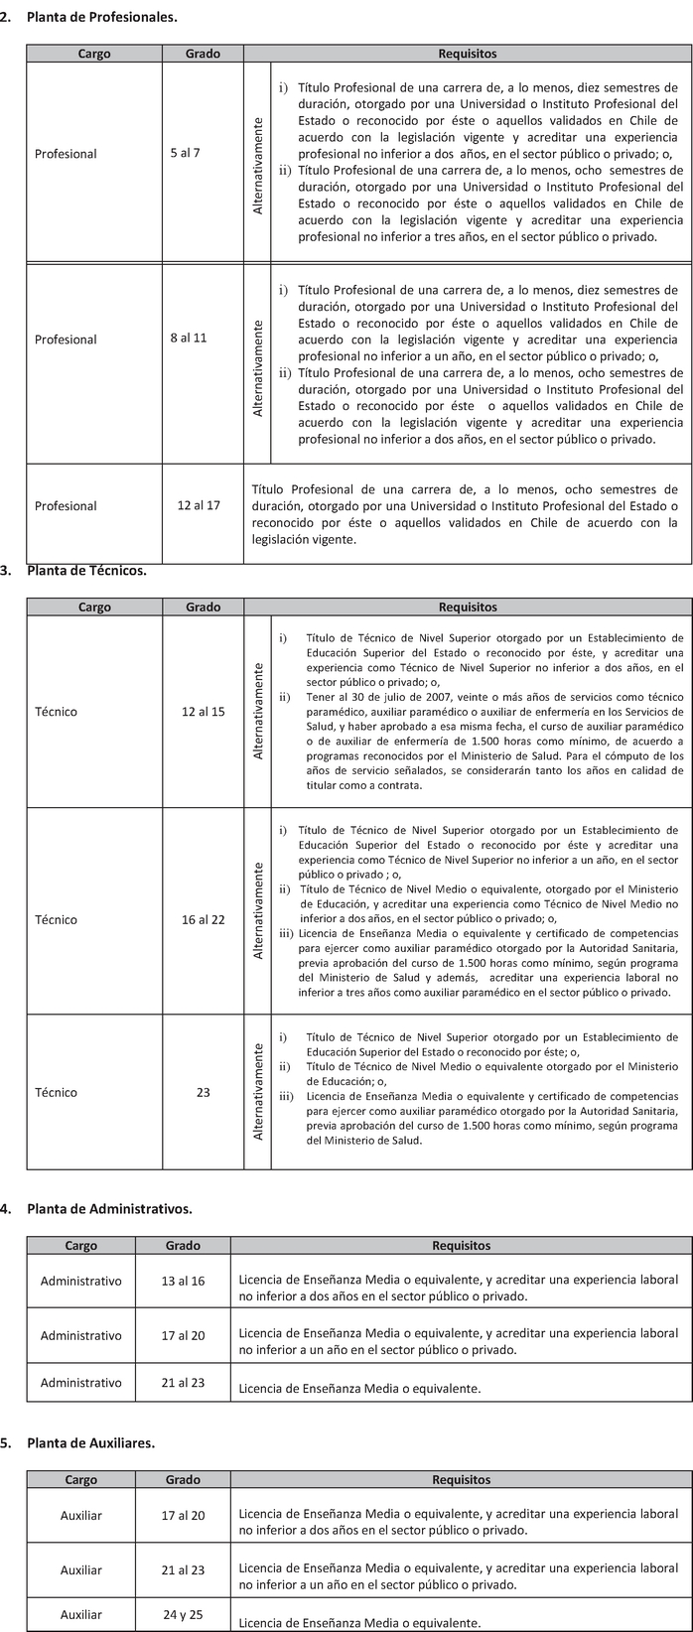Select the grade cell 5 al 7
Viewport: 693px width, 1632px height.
[185, 153]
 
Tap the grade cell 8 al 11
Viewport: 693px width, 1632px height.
[189, 339]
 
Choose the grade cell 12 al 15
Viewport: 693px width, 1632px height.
[204, 712]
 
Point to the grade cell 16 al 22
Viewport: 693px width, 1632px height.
[204, 919]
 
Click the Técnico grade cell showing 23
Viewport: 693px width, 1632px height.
[204, 1092]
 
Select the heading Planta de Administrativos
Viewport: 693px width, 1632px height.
[109, 1208]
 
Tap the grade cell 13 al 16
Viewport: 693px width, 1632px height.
[183, 1281]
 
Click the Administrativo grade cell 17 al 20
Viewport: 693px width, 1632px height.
[183, 1335]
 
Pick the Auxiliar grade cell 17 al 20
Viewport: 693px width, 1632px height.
[183, 1515]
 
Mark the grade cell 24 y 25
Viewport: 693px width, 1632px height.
[183, 1614]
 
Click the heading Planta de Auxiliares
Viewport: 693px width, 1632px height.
[91, 1442]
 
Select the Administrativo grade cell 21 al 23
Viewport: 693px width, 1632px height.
[183, 1382]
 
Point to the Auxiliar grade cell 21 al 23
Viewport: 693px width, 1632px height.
[183, 1569]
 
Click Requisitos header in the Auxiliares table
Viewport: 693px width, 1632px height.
[461, 1479]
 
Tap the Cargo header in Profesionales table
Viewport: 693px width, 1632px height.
[94, 54]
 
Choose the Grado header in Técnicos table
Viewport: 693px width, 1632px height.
[204, 607]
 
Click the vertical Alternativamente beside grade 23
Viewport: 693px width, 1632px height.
[258, 1090]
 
